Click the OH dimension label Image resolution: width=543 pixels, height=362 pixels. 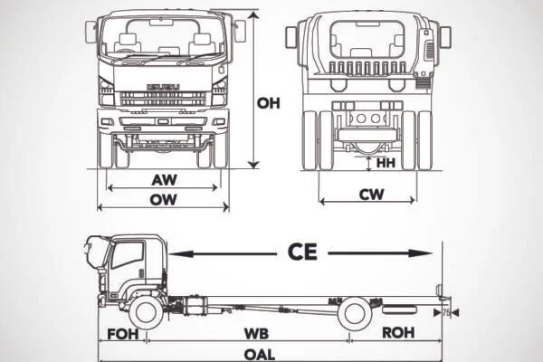269,103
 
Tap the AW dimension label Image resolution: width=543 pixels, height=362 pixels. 164,179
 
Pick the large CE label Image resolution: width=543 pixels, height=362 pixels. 302,252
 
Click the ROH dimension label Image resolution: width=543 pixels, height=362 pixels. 398,333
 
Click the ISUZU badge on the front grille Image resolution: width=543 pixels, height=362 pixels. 163,88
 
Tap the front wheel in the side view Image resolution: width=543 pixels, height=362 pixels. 146,312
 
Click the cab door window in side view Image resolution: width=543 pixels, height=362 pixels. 129,255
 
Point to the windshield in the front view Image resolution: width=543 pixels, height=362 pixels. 164,37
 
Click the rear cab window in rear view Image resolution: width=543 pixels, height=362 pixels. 367,39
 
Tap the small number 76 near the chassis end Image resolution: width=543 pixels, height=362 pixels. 446,312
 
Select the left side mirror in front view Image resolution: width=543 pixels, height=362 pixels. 91,32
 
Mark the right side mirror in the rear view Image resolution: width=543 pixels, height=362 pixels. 444,37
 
